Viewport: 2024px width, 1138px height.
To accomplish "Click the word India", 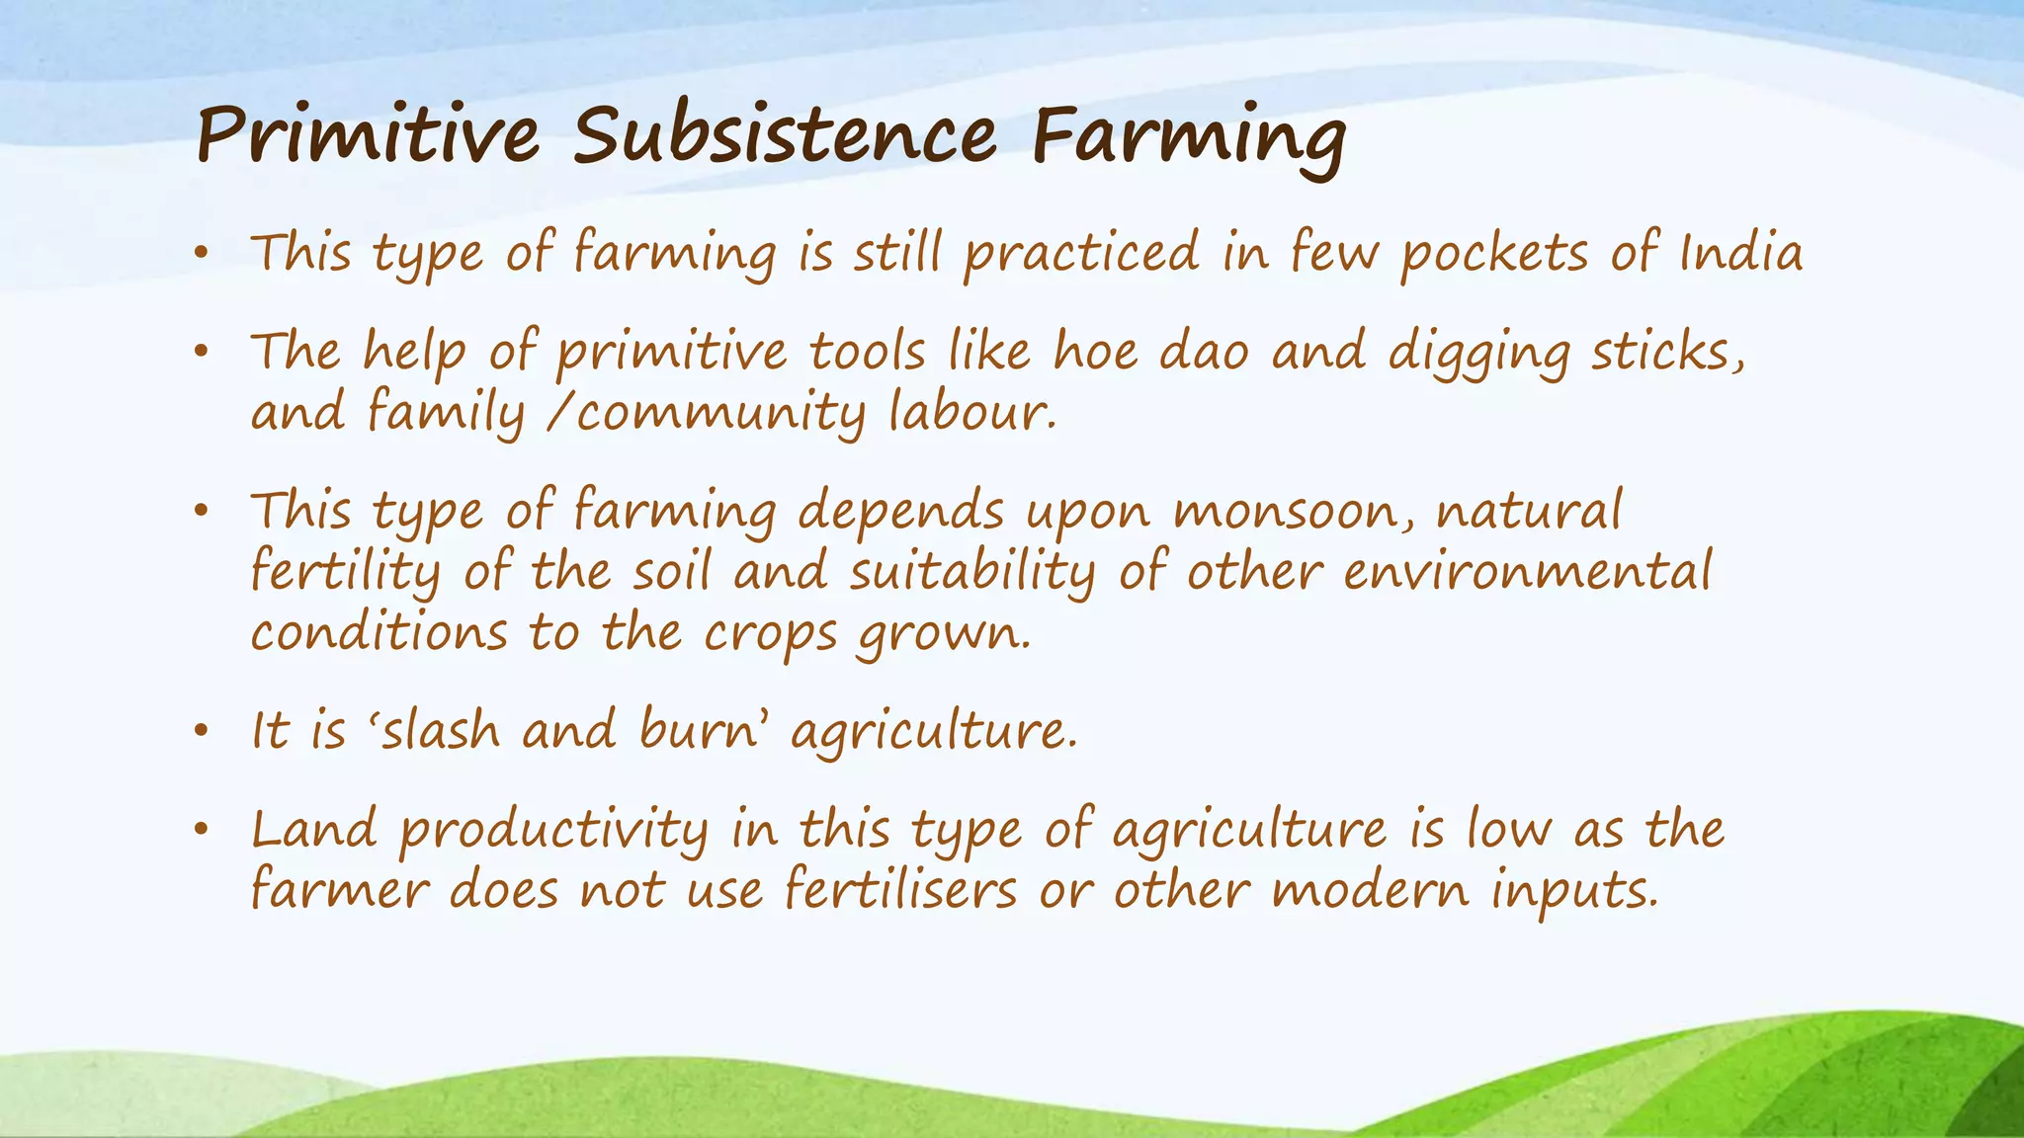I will click(1741, 252).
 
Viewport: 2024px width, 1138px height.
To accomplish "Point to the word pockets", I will click(1493, 254).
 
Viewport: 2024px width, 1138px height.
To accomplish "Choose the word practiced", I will click(1081, 254).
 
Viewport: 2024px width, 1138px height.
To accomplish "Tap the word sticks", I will click(1666, 353).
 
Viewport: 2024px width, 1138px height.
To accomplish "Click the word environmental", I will click(1527, 572).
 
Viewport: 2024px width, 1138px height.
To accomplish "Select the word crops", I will click(770, 634).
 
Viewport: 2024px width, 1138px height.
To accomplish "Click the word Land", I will click(314, 829).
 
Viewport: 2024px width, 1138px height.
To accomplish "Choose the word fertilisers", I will click(900, 890).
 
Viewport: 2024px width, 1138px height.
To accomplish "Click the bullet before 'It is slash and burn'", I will click(202, 732).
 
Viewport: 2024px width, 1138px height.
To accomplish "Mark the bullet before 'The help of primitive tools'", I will click(202, 352).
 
